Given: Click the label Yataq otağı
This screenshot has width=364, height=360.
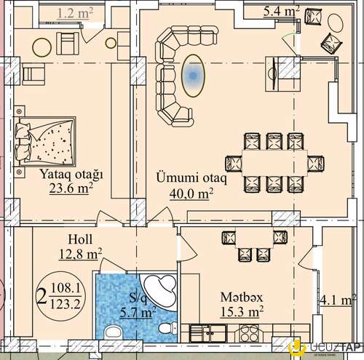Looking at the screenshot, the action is pos(71,175).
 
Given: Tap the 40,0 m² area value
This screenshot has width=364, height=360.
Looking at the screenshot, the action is pos(191,193).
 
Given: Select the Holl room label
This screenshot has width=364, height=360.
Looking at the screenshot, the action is pos(80,239).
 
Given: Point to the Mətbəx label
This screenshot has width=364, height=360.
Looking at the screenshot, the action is pos(242,297).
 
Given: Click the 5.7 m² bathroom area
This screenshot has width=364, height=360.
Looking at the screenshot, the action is pos(138,313).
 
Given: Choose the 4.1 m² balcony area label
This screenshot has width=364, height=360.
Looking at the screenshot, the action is pos(338,300).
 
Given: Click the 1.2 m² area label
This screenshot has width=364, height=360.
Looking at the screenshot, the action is pos(75,13).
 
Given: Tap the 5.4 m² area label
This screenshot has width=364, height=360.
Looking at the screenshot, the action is pos(282,11).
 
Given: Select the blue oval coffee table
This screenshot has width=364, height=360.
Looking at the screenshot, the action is pos(193,76).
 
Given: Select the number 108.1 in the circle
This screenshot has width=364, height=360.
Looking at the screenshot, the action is pos(66,288).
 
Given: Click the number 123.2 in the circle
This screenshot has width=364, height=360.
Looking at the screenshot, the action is pos(65,304).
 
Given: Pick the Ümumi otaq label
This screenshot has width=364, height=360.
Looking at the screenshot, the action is pos(191,177).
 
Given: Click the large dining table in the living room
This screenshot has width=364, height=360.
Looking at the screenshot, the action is pos(274,163).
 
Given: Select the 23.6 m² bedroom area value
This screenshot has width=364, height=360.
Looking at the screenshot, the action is pos(71,188).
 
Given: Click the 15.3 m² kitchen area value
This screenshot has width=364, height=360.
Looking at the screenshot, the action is pos(242,311).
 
